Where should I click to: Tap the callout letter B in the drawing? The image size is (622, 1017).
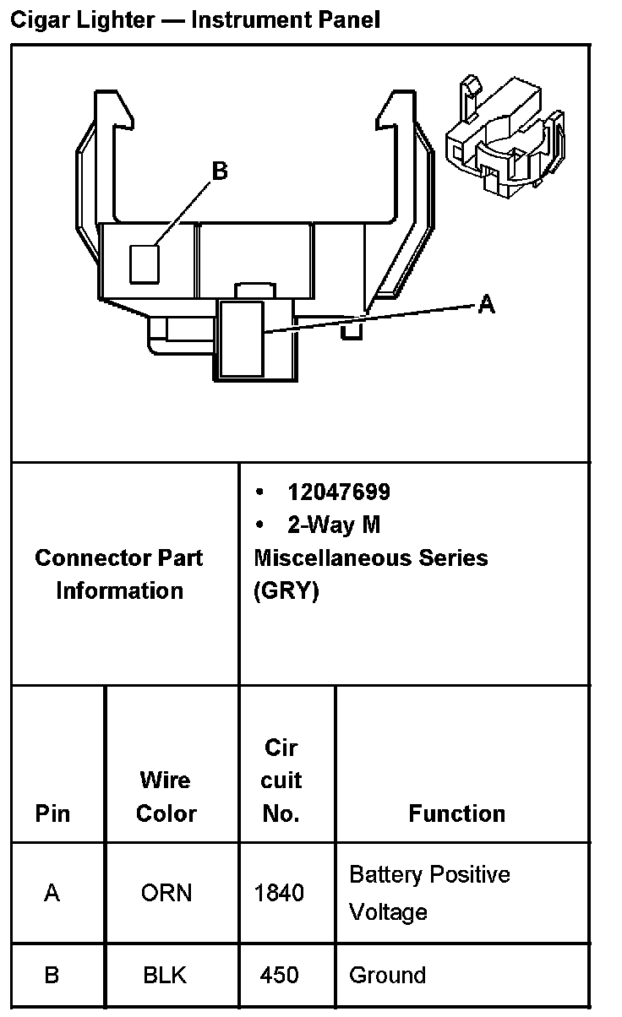coord(219,171)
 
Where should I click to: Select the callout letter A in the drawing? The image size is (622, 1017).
coord(486,304)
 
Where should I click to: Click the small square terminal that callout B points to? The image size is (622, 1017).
coord(145,264)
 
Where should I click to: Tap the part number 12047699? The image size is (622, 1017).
coord(339,492)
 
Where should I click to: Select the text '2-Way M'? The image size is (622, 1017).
coord(334,525)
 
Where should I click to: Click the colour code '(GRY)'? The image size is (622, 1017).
coord(286,591)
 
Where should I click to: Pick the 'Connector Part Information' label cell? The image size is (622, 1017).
coord(119,574)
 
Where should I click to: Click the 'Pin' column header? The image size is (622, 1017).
coord(53,813)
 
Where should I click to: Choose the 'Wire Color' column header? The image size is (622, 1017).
coord(166,797)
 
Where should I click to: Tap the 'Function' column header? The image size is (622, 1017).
coord(457,813)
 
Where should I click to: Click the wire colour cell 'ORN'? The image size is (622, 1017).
coord(166,893)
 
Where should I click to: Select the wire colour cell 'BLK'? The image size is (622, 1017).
coord(165,976)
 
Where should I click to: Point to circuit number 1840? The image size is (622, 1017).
coord(280,893)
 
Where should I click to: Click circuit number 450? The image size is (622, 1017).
coord(280,976)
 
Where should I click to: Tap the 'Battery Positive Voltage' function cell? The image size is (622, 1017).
coord(429,893)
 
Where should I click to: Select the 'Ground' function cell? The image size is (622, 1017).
coord(387,976)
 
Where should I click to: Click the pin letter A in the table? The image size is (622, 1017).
coord(52,893)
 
